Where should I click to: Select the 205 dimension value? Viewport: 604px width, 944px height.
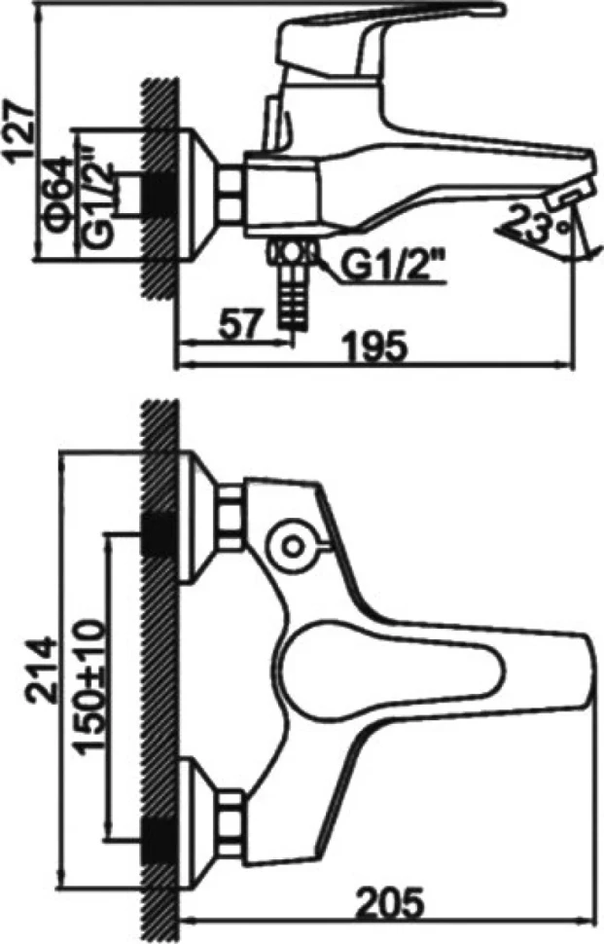click(389, 903)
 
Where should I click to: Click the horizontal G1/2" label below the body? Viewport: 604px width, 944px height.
click(391, 266)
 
